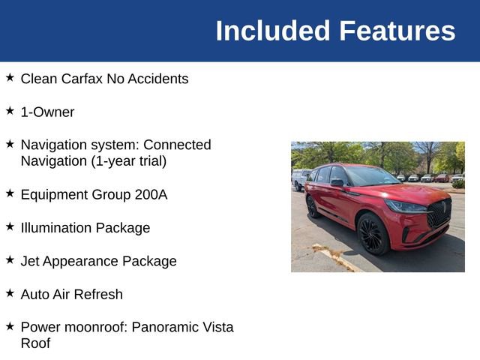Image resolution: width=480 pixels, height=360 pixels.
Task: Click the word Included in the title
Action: (273, 31)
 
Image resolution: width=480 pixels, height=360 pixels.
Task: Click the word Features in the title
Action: (397, 31)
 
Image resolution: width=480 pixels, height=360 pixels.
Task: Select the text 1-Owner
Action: (47, 112)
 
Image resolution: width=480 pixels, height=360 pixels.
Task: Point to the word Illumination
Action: (58, 228)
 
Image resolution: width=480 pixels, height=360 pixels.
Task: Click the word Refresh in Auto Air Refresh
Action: (97, 294)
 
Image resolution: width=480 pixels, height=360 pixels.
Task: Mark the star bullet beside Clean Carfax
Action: (10, 77)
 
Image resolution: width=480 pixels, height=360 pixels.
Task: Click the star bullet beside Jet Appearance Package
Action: (10, 259)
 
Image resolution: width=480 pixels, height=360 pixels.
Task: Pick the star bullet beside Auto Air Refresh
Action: (10, 292)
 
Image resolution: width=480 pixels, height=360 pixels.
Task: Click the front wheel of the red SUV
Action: (372, 233)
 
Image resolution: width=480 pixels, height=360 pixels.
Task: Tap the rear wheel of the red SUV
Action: (313, 206)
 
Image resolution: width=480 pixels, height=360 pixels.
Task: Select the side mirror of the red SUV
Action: (337, 182)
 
